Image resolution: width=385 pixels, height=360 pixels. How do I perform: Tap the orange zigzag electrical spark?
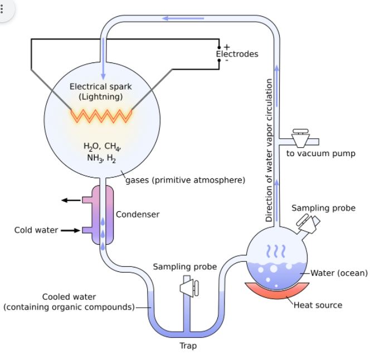click(x=101, y=115)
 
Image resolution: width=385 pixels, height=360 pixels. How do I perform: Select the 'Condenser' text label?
click(x=138, y=214)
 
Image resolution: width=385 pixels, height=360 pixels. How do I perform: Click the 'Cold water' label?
click(x=36, y=230)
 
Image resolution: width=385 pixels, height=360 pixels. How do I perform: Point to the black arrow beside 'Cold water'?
click(x=71, y=230)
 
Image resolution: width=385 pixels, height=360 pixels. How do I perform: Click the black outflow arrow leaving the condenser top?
click(x=71, y=200)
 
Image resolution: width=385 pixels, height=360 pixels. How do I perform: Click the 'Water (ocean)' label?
click(x=339, y=273)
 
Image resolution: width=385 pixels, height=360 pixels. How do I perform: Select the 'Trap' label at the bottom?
click(x=188, y=346)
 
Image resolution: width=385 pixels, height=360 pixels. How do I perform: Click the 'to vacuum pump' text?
click(x=320, y=153)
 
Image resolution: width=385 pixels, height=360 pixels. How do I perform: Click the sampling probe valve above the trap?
click(x=187, y=287)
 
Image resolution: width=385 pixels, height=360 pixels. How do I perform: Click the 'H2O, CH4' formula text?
click(x=102, y=147)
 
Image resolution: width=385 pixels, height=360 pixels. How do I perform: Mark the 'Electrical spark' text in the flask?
click(x=101, y=86)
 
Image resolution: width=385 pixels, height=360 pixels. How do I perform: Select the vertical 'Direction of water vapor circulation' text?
click(x=269, y=150)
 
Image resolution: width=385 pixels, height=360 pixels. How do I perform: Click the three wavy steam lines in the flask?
click(x=277, y=251)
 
